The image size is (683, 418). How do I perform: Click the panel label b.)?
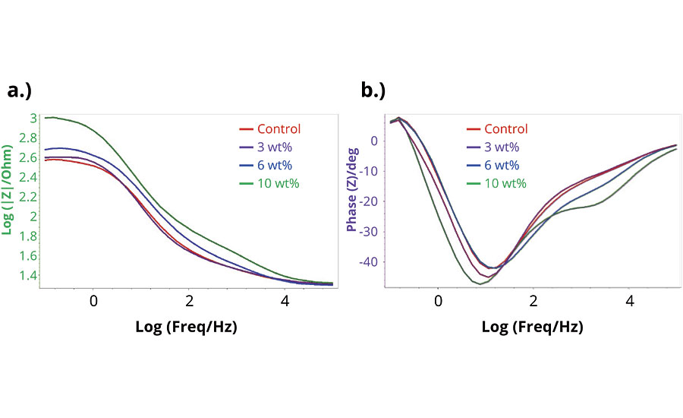click(x=373, y=91)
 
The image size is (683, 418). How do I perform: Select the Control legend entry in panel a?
click(x=279, y=129)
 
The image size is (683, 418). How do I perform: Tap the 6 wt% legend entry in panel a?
click(x=278, y=165)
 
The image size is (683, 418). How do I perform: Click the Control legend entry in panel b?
click(x=505, y=129)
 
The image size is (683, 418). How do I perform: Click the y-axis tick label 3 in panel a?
click(x=33, y=118)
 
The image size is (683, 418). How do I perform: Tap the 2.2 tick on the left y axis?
click(x=27, y=197)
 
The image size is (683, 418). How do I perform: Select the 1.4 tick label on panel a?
click(x=27, y=275)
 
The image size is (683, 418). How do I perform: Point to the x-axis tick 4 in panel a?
click(x=285, y=300)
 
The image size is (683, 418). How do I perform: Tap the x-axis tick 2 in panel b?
click(x=533, y=300)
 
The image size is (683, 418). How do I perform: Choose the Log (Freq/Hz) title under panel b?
click(x=533, y=327)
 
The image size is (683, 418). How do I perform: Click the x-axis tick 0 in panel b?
click(x=438, y=300)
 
